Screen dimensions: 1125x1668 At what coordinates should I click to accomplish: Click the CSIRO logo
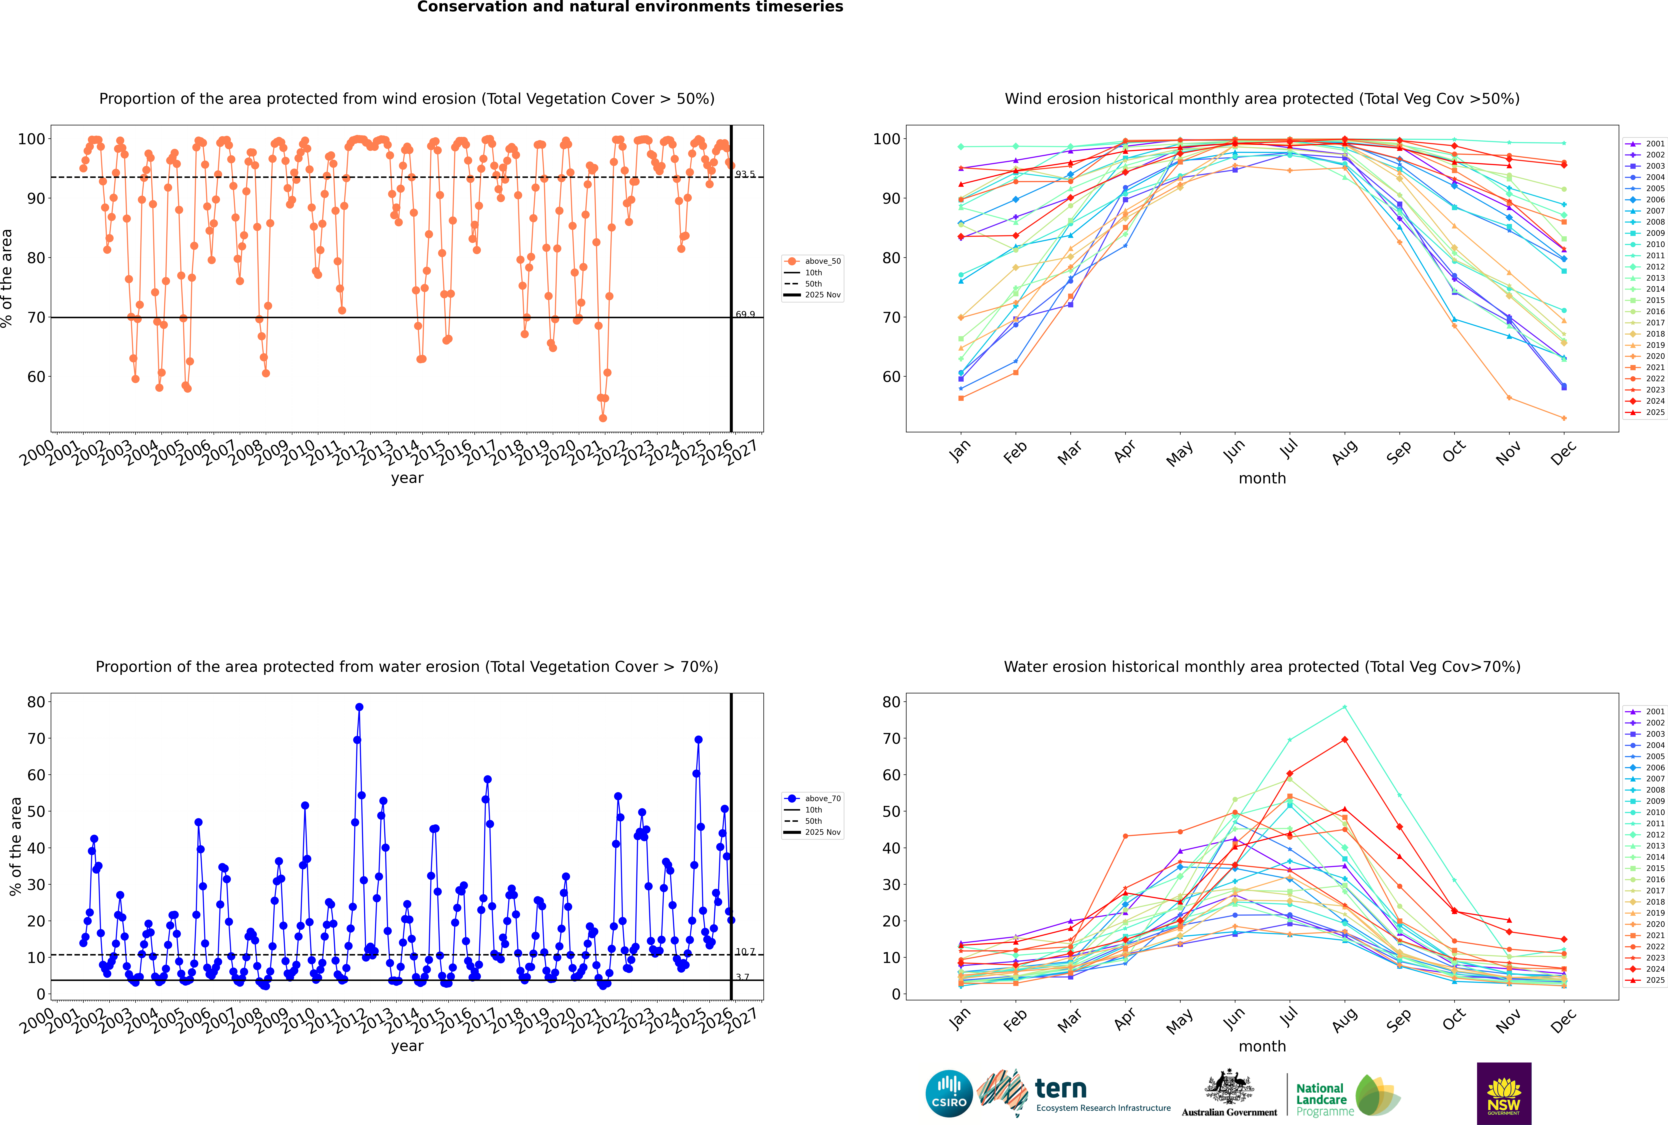tap(949, 1093)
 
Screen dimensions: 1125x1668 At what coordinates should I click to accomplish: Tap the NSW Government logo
tap(1504, 1093)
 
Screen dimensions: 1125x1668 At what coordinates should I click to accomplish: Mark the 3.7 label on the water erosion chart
tap(742, 977)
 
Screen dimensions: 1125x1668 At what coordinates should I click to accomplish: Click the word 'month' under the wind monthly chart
tap(1262, 479)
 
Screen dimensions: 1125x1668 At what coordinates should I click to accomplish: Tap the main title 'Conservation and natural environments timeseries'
tap(630, 7)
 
